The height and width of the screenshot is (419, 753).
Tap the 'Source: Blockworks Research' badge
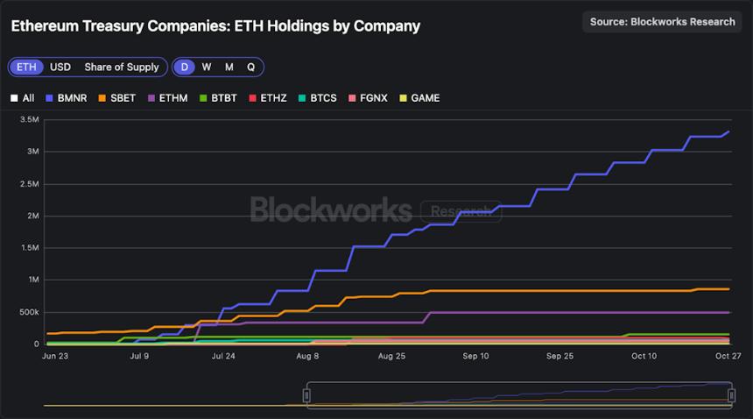(x=662, y=22)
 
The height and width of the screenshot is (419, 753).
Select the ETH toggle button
(x=26, y=67)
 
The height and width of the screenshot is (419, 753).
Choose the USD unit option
(x=60, y=67)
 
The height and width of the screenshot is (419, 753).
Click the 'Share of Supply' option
(x=122, y=67)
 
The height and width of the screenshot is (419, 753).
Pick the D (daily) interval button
(x=184, y=67)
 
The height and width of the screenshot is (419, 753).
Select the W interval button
(x=207, y=67)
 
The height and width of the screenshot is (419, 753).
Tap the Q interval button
(x=250, y=67)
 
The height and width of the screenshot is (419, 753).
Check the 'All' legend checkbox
(x=23, y=98)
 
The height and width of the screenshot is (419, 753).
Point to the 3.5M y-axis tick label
(x=29, y=119)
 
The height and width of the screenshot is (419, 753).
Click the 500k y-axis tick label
(x=29, y=312)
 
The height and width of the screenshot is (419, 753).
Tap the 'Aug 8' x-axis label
(x=307, y=357)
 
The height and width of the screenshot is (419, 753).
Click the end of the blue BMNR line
(x=728, y=132)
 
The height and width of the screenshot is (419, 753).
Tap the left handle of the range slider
(x=306, y=395)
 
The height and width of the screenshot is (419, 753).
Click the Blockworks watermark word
(x=330, y=209)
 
